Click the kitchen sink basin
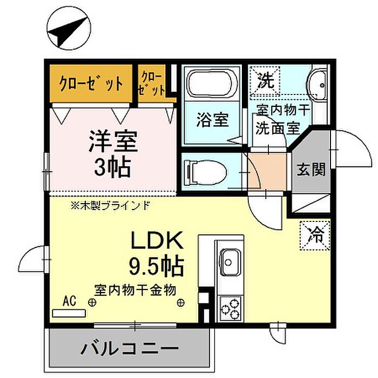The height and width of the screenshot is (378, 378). point(231,262)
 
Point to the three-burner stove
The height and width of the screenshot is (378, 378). point(231,309)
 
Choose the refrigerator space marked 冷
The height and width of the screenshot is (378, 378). point(315,235)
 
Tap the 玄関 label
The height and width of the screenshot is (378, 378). point(310,170)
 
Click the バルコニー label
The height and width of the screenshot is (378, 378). point(130,349)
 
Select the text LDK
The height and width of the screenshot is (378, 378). point(157,240)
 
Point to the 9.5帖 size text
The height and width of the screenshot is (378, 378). point(157,266)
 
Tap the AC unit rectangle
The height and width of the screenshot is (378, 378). point(69,313)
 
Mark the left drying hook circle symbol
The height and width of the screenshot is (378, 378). point(92,302)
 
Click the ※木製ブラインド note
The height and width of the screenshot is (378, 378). point(110,206)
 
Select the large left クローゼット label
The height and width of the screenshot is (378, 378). point(91,84)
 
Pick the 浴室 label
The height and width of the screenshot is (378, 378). point(212,120)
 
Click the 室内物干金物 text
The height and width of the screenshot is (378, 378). point(135,290)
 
